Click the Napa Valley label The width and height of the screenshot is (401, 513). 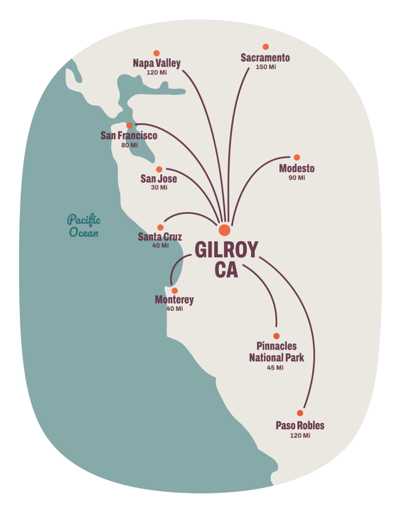click(x=157, y=63)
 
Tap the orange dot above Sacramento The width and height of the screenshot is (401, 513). click(x=266, y=47)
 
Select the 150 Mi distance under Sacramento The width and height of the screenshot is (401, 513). click(x=265, y=67)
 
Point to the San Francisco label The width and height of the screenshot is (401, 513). click(x=129, y=136)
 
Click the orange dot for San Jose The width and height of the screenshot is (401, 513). click(x=159, y=169)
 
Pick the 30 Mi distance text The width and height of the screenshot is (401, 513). click(x=159, y=187)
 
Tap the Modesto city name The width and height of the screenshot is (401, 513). click(x=297, y=168)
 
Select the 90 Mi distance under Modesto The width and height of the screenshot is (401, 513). click(x=297, y=178)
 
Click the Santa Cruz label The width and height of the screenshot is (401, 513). click(x=160, y=237)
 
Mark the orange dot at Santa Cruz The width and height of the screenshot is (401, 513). click(x=160, y=227)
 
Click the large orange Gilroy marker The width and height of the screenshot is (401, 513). click(x=225, y=230)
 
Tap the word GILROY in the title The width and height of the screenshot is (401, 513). click(x=226, y=250)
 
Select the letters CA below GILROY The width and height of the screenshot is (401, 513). click(x=226, y=271)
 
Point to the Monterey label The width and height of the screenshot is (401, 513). click(x=174, y=300)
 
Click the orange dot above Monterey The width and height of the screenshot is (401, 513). click(x=175, y=290)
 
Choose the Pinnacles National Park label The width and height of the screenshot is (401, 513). click(x=276, y=352)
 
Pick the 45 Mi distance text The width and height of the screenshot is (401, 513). click(x=275, y=367)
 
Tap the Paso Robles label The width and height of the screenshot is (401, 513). click(x=300, y=425)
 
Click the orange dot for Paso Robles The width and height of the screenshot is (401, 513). click(x=300, y=412)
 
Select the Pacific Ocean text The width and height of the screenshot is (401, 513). click(x=84, y=226)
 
